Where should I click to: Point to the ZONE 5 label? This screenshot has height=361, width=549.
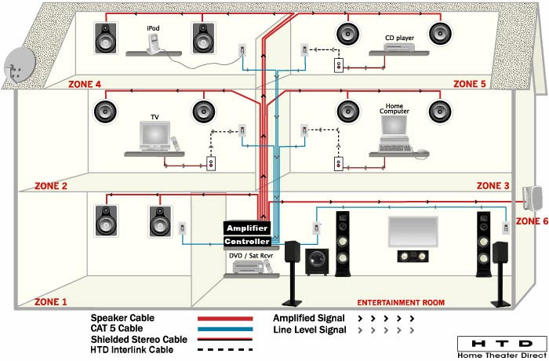pos(471,83)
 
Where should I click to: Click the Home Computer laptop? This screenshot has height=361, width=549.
pos(394,133)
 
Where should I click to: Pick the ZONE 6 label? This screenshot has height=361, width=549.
pos(531,221)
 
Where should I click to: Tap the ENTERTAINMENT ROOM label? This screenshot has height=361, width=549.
pos(401,302)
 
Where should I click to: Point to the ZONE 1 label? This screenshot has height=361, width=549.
pos(51,301)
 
